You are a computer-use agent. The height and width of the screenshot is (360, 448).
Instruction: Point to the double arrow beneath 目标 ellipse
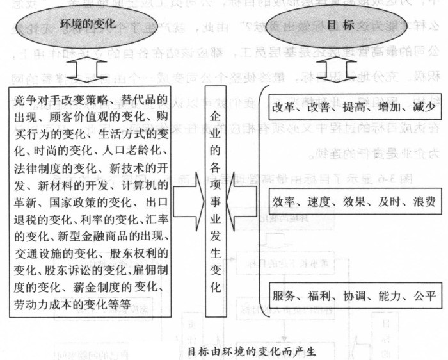coord(343,67)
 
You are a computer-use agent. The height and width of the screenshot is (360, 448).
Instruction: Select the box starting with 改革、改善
coord(353,107)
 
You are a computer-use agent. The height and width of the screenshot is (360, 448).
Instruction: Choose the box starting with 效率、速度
coord(353,201)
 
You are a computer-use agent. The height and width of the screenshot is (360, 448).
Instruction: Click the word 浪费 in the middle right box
coord(423,201)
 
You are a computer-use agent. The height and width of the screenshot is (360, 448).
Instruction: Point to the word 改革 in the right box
coord(284,107)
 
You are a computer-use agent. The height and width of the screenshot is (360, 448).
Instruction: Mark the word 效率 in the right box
coord(284,201)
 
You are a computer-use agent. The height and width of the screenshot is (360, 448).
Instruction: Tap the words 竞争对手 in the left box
coord(36,100)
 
